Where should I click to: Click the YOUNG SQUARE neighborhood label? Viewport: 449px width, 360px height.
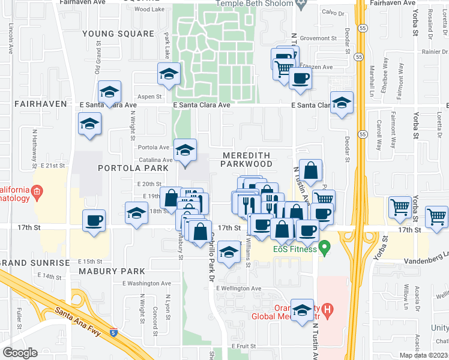(110, 34)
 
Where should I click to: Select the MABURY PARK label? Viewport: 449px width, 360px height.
(112, 271)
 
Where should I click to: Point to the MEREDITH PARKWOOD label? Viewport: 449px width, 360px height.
(247, 159)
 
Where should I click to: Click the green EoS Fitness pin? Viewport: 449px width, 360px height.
(325, 247)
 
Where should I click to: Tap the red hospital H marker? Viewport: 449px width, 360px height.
(327, 311)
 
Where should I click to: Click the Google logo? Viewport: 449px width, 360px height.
(20, 352)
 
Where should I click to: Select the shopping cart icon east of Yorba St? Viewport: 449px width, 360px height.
(436, 216)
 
